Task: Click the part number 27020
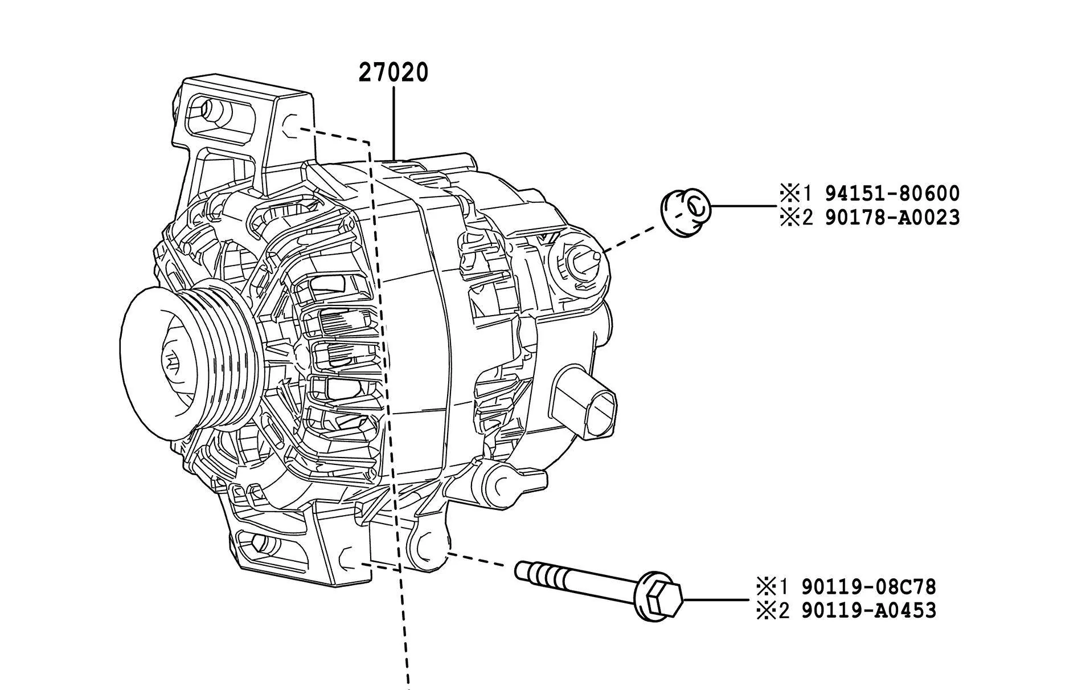point(393,72)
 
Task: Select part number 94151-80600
point(892,194)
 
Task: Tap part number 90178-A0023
point(892,218)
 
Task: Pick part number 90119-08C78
point(868,586)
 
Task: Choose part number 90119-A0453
point(868,611)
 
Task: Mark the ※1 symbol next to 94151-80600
point(789,194)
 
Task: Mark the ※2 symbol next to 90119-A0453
point(766,611)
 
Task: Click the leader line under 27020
point(394,120)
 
